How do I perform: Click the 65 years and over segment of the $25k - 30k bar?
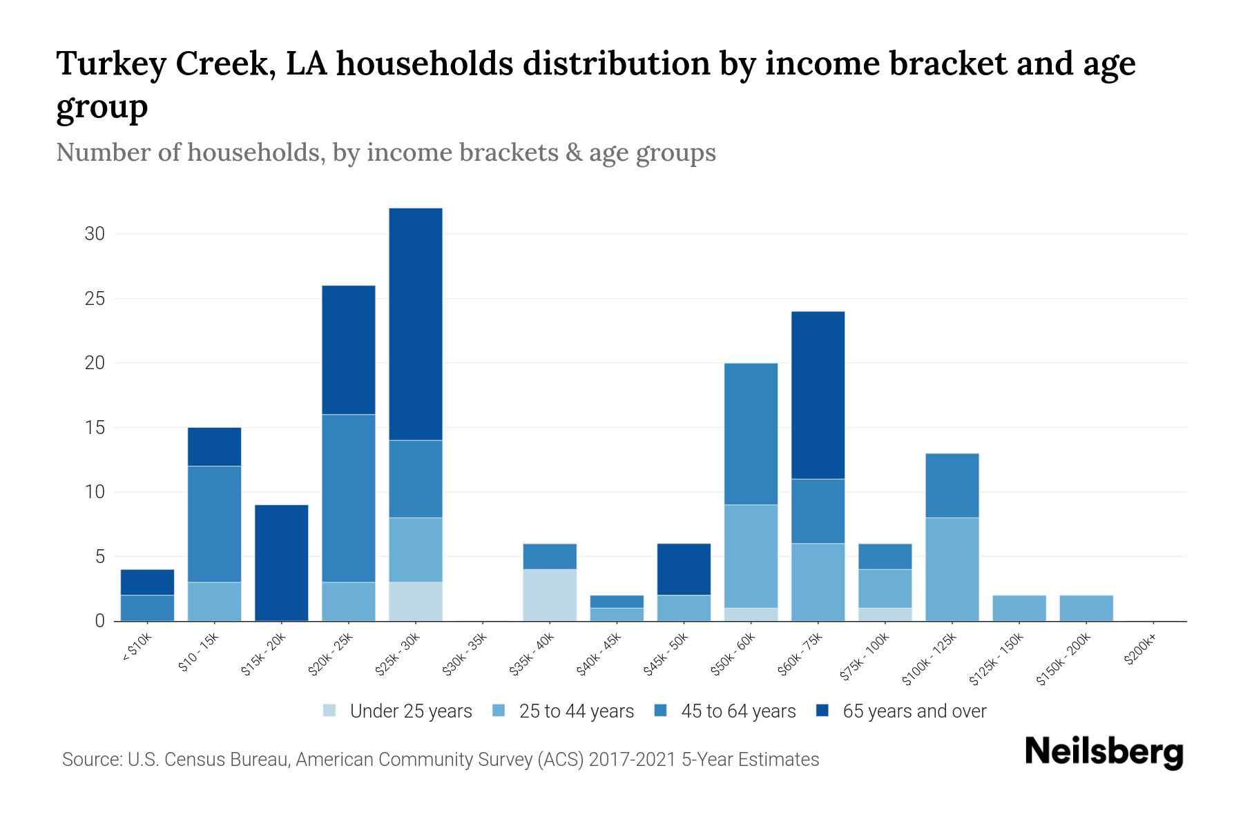(416, 324)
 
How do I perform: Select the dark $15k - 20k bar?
(281, 562)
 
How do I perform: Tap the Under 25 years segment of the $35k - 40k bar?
(550, 595)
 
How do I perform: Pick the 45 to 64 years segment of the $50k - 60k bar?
(751, 434)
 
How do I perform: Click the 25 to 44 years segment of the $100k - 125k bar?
(952, 569)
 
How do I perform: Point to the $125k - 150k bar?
(1019, 608)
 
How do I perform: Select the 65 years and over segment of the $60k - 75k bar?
(818, 395)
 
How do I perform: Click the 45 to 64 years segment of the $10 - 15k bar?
(214, 524)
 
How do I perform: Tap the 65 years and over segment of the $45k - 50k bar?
(684, 569)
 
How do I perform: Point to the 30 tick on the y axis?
(95, 234)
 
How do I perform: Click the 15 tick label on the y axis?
(95, 428)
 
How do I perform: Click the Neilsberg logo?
(1104, 752)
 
